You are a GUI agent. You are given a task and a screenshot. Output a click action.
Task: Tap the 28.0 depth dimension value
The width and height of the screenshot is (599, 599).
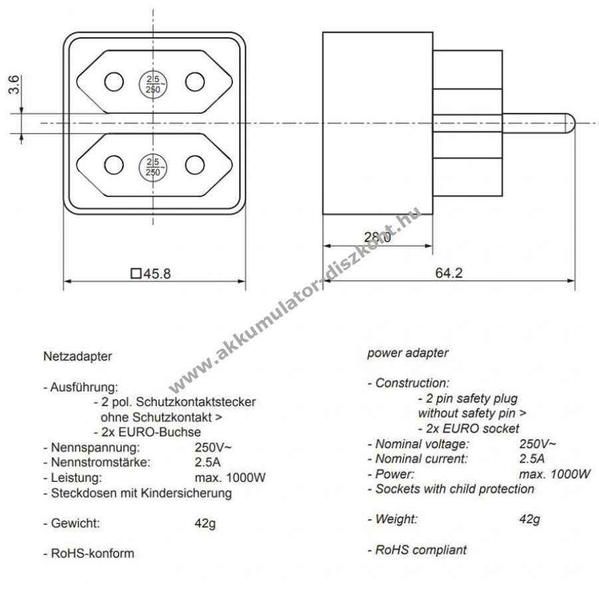click(x=377, y=236)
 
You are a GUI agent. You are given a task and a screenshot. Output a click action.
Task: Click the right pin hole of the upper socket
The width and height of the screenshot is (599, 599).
click(x=194, y=82)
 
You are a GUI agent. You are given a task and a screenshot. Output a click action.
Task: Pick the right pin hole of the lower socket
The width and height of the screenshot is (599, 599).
click(x=194, y=164)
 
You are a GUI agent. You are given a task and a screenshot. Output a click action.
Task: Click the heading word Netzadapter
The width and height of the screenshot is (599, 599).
click(x=77, y=356)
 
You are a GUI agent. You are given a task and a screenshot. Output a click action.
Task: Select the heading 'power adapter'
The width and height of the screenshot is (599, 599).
click(x=408, y=353)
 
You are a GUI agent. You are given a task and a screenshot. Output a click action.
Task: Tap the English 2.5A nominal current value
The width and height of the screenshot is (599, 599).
click(x=532, y=459)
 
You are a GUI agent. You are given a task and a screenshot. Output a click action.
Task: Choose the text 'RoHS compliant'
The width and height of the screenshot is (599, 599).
click(x=421, y=550)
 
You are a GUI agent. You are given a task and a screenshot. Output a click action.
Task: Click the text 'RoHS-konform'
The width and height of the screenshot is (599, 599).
click(x=93, y=553)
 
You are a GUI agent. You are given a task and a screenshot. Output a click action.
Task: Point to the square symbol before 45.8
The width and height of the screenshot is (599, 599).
click(x=136, y=273)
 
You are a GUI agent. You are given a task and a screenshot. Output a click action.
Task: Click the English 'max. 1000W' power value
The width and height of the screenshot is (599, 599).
click(x=555, y=474)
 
